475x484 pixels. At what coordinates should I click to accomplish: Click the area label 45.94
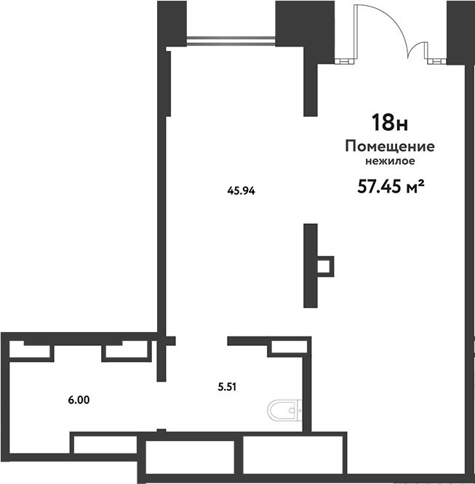(241, 190)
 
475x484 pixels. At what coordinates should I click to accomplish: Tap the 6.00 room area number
(79, 400)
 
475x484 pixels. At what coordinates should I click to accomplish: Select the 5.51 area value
(227, 387)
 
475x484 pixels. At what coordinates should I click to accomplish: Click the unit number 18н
(390, 123)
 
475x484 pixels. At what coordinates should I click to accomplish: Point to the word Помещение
(390, 146)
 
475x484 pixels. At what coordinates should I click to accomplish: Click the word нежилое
(390, 161)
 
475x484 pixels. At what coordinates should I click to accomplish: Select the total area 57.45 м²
(391, 187)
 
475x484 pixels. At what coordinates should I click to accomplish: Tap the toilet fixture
(284, 411)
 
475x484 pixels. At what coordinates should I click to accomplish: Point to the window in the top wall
(231, 41)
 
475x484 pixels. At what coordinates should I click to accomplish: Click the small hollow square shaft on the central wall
(325, 267)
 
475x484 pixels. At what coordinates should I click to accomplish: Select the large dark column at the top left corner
(172, 24)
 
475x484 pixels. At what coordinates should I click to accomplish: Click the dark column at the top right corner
(460, 33)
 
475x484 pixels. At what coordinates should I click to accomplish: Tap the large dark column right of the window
(305, 24)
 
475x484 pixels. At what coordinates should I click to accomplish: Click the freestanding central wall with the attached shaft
(311, 266)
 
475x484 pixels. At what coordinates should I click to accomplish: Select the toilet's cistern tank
(299, 411)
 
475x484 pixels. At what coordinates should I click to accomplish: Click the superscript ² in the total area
(420, 182)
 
